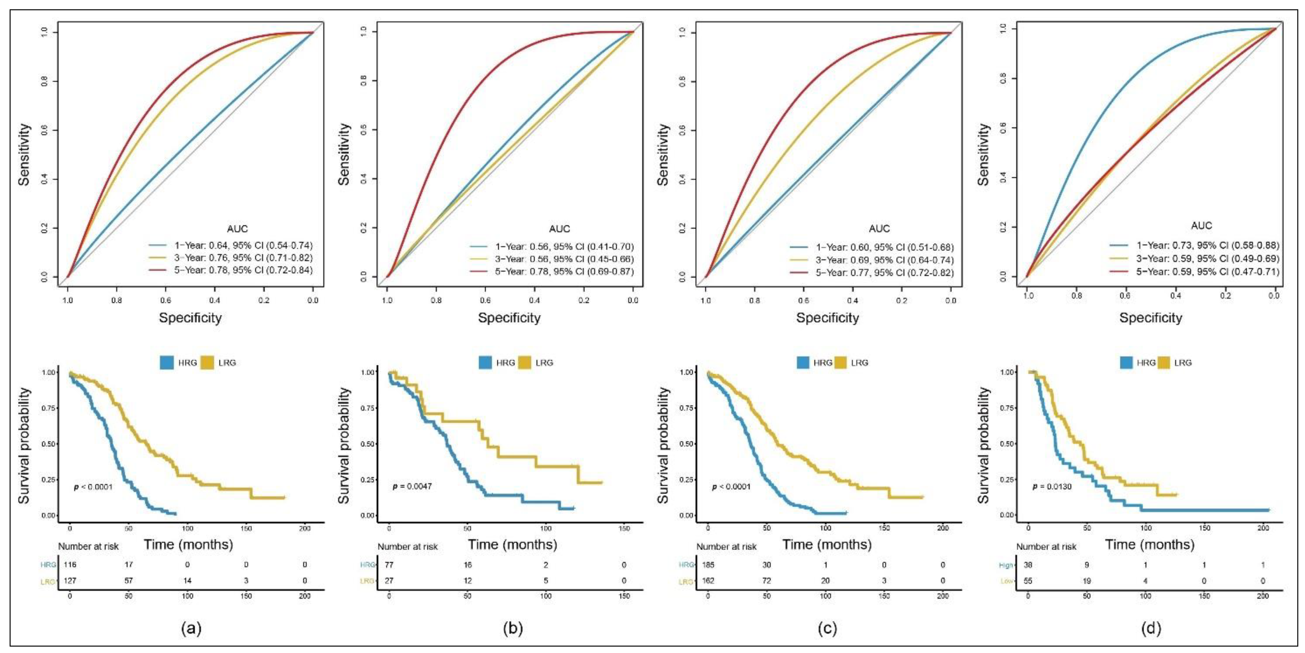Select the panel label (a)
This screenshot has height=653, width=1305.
[x=191, y=629]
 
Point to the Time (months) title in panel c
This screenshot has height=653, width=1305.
[x=827, y=545]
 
